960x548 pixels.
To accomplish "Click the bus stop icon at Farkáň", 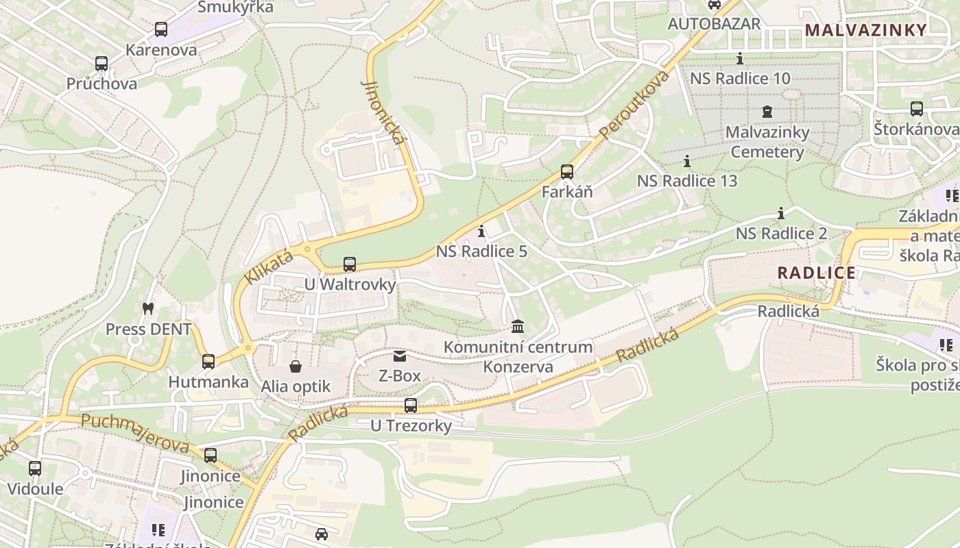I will click(x=566, y=171).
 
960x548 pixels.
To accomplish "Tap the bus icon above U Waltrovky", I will click(x=349, y=264).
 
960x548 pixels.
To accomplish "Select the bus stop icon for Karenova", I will click(x=160, y=29).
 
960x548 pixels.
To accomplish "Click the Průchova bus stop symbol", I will click(x=101, y=64).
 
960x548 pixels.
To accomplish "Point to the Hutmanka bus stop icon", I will click(x=208, y=361).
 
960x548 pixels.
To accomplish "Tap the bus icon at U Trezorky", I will click(x=410, y=405).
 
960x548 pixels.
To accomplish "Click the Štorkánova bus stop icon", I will click(x=916, y=108).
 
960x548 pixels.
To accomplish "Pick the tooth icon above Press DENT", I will click(x=147, y=308).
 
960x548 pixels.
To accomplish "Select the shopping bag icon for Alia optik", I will click(x=295, y=366).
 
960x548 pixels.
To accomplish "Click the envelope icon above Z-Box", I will click(x=399, y=356).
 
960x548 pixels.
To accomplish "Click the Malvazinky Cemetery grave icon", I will click(x=767, y=111).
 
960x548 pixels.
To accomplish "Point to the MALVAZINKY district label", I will click(x=865, y=30).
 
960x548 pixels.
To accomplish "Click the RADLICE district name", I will click(x=816, y=273).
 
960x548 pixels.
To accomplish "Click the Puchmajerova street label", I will click(x=134, y=433).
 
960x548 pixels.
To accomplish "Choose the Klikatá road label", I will click(x=268, y=267).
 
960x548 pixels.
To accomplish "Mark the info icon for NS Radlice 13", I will click(x=687, y=161).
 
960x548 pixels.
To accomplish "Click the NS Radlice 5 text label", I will click(x=481, y=251).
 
